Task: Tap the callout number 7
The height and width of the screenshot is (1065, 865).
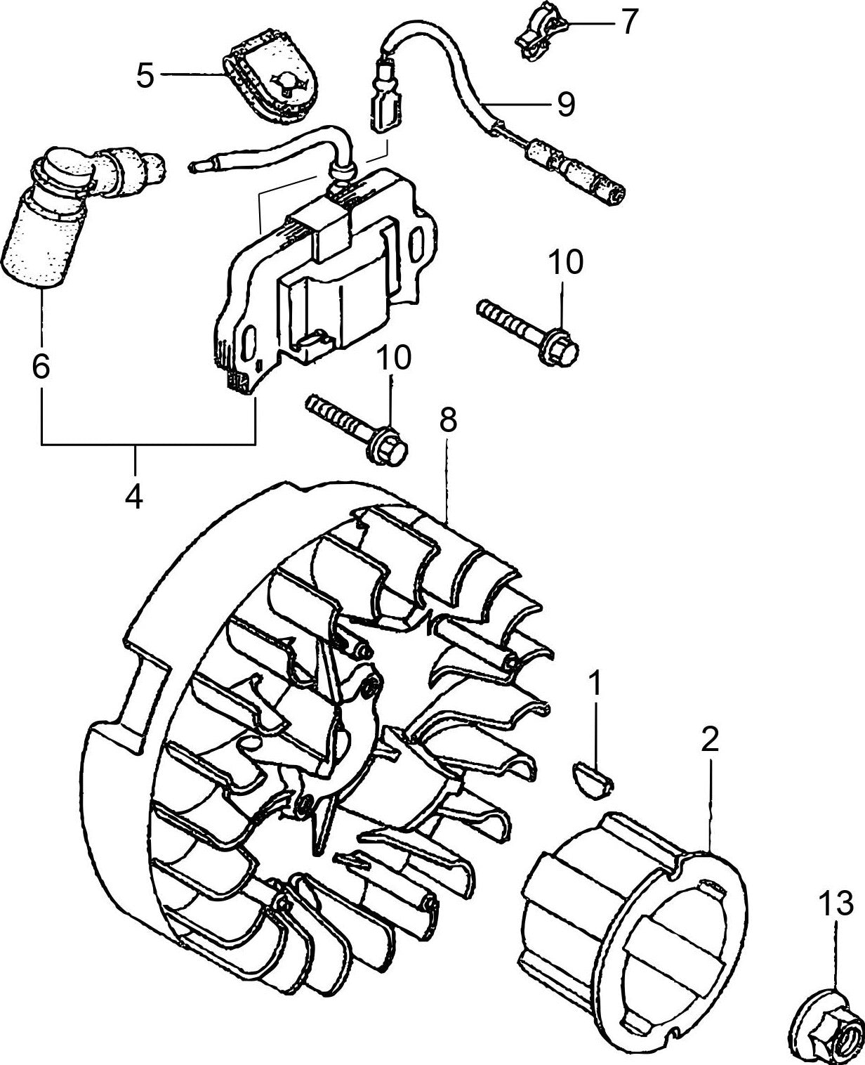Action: pos(627,22)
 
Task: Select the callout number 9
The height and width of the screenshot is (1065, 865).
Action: pos(565,104)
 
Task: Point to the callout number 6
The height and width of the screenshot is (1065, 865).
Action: pos(41,365)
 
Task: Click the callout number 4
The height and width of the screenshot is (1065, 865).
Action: pos(134,497)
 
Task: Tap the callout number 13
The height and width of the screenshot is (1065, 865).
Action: pos(836,901)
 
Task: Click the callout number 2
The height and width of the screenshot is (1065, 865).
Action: pos(710,740)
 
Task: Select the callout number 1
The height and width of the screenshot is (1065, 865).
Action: pos(595,683)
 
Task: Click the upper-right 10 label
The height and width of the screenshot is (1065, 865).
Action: pos(565,263)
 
